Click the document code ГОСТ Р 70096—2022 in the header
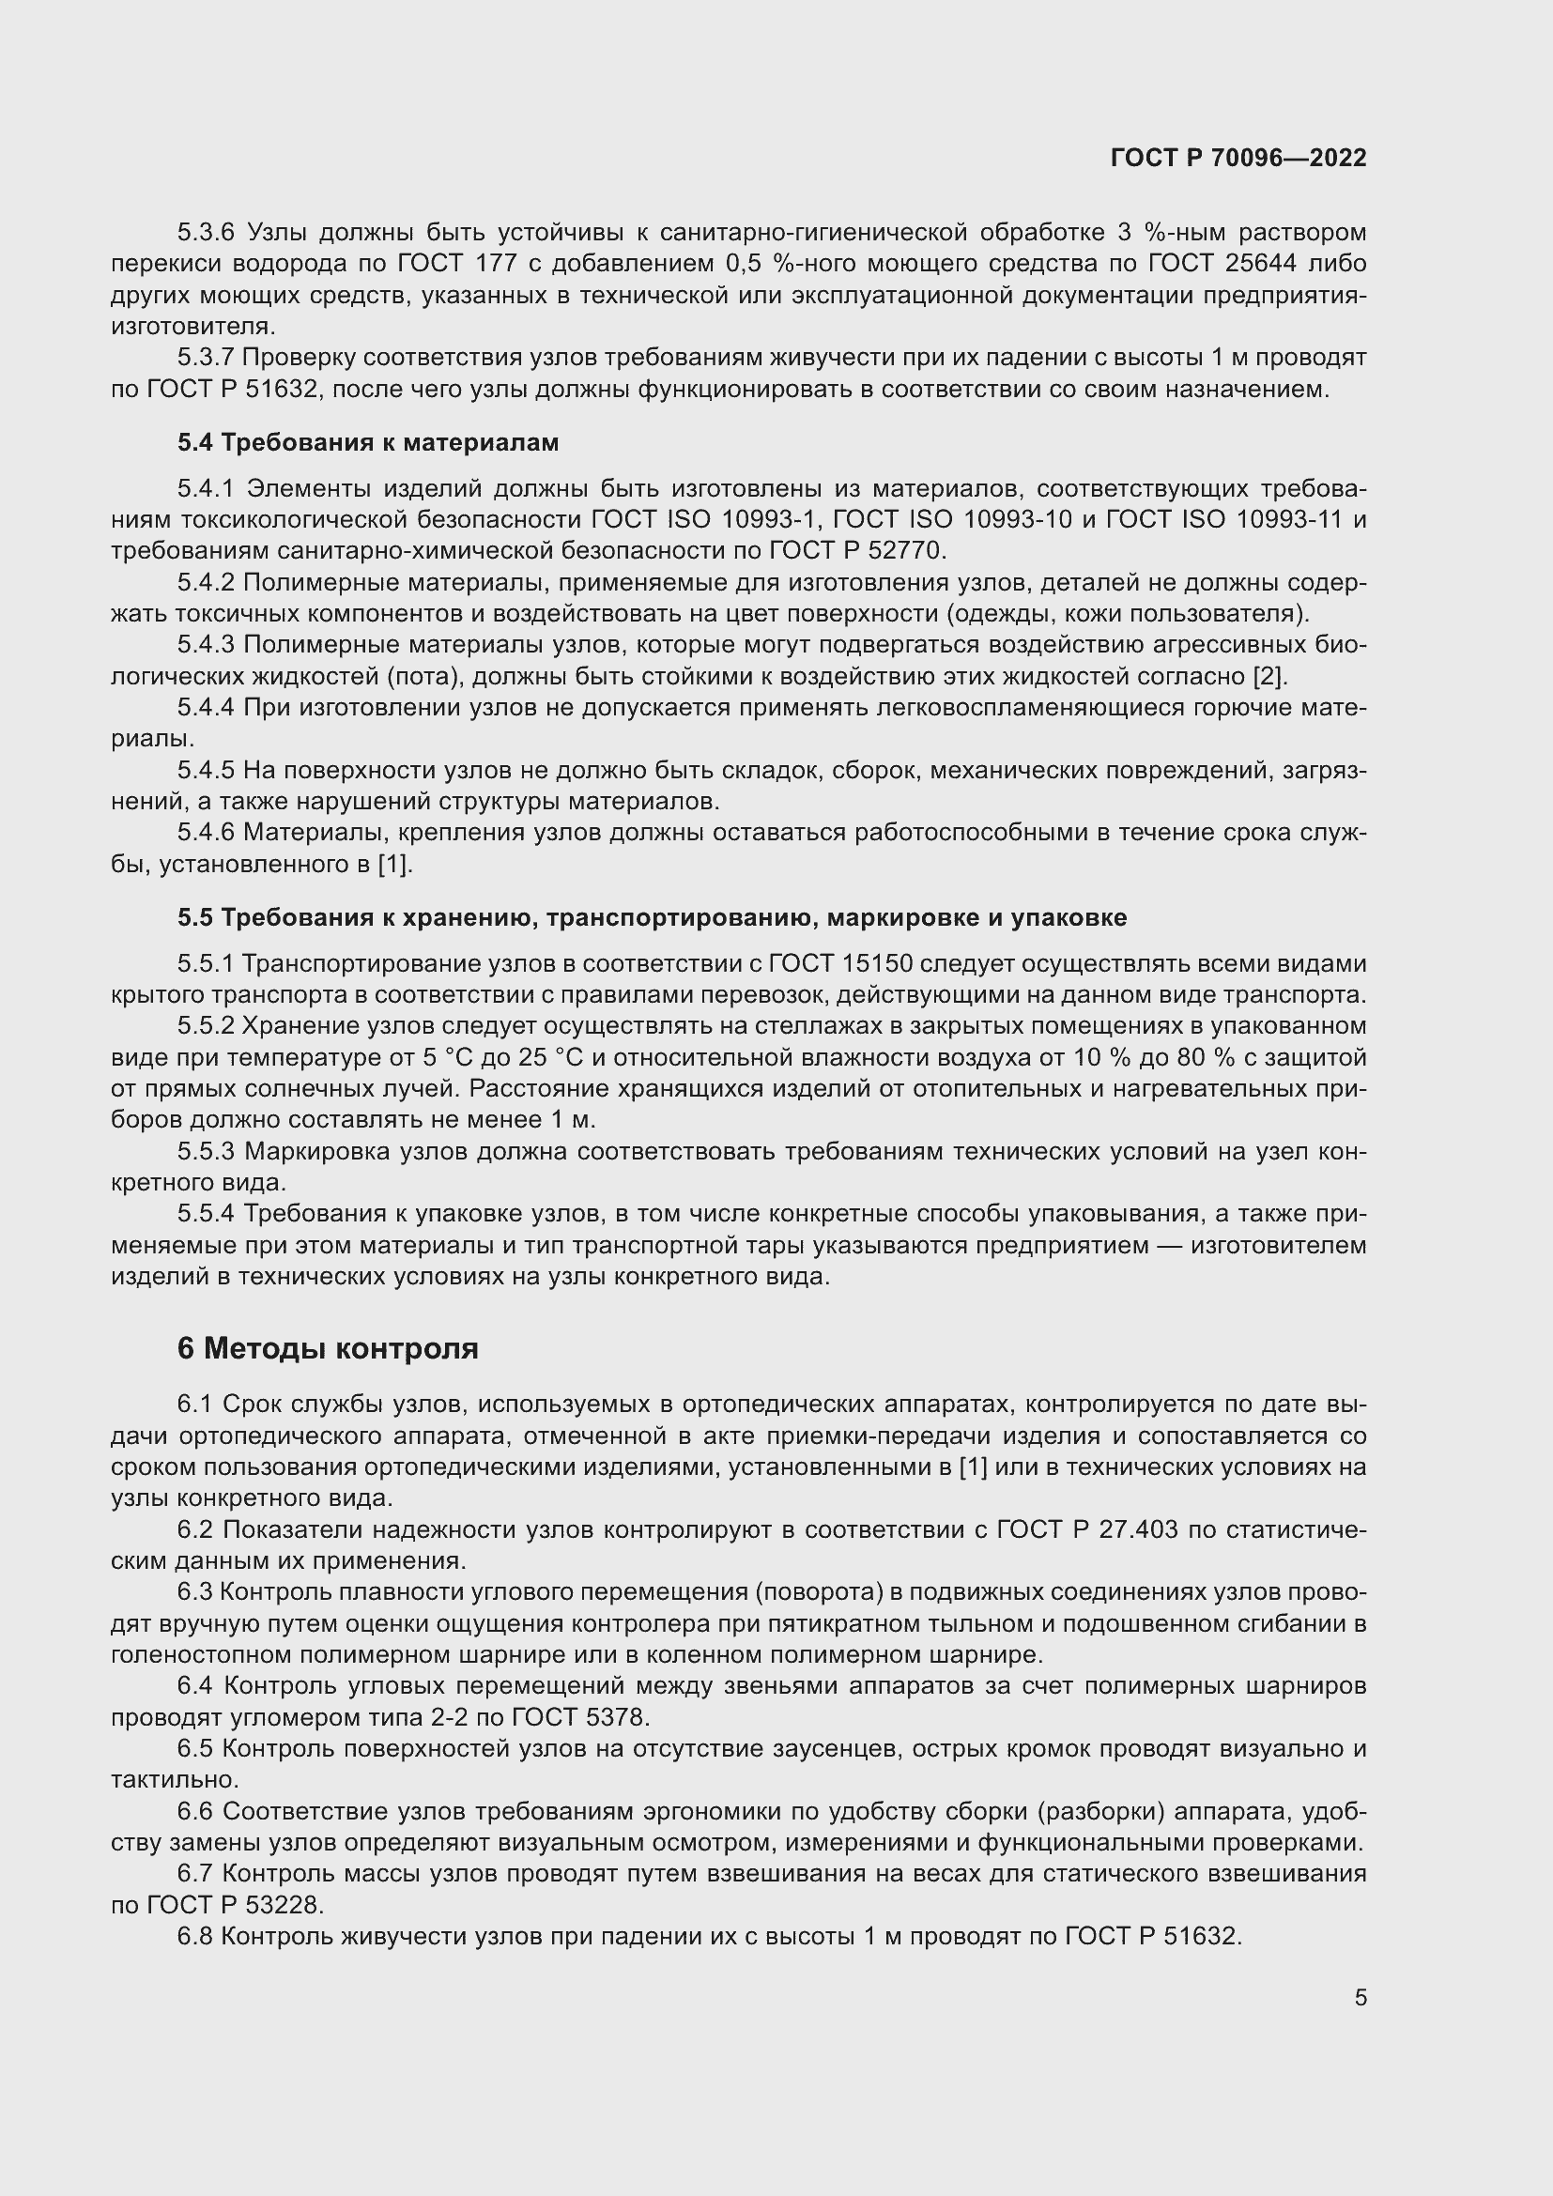[1238, 159]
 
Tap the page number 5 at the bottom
[1360, 1997]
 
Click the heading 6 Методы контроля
[327, 1348]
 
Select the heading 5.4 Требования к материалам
[367, 443]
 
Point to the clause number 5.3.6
[206, 233]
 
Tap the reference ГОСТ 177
[451, 264]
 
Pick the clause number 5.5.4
[206, 1214]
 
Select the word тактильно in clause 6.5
[173, 1780]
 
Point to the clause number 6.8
[196, 1937]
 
